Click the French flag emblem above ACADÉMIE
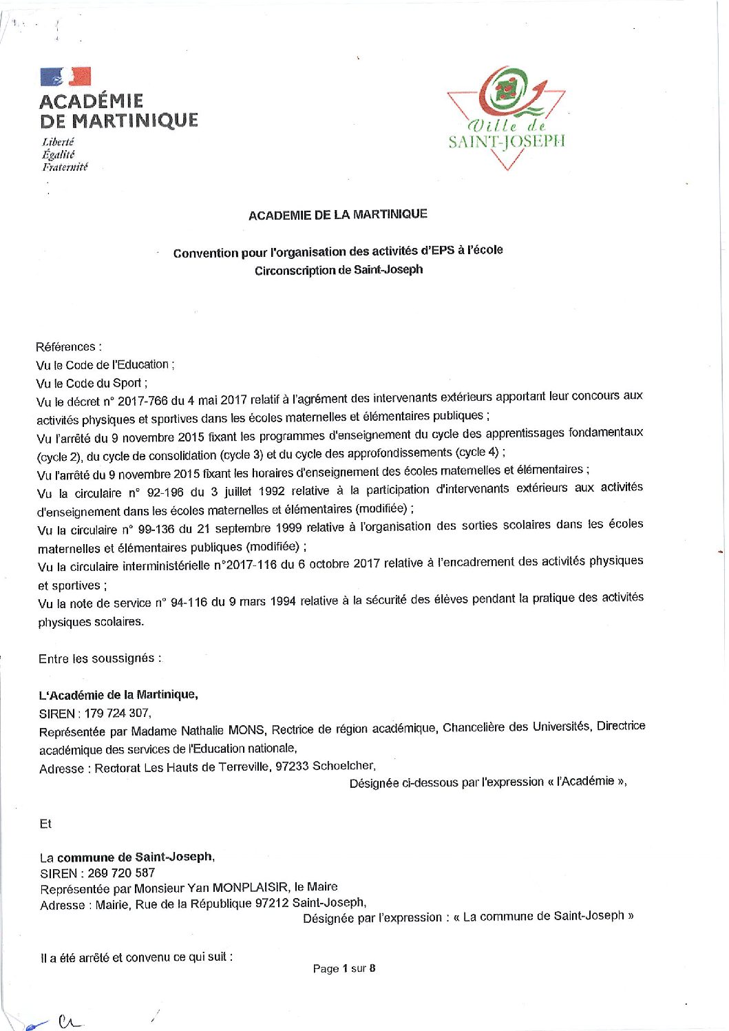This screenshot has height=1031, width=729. [65, 76]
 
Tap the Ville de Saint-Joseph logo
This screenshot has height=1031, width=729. [506, 117]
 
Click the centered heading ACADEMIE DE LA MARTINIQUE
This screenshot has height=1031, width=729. [338, 215]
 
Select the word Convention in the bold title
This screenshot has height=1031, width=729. [205, 253]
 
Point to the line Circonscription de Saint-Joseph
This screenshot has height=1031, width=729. [339, 270]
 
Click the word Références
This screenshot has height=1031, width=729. [66, 346]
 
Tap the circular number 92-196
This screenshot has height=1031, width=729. [161, 492]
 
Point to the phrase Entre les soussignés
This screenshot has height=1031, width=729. [100, 658]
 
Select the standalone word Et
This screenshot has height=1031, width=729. [45, 824]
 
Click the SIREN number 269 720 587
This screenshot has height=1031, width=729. [121, 873]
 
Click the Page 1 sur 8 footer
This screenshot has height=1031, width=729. [344, 968]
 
